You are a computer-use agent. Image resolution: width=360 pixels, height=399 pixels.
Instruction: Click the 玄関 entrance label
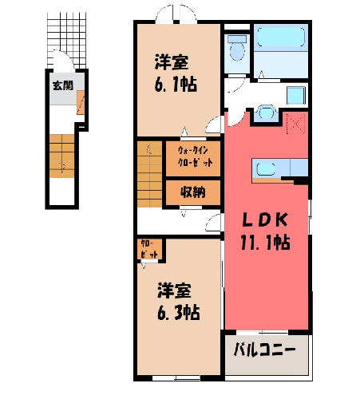point(63,85)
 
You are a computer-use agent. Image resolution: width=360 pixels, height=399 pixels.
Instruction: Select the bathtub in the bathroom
point(281,37)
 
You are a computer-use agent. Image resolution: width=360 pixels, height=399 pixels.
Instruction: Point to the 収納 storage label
point(193,192)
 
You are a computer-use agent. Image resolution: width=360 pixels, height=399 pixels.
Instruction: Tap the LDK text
point(265,220)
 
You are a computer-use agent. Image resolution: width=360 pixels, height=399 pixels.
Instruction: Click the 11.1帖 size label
point(265,243)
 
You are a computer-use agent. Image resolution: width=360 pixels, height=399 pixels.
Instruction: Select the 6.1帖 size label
point(176,85)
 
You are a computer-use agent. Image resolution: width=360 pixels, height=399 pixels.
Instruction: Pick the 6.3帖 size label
point(179,312)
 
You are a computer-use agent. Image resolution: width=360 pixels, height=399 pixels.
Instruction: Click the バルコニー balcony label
point(264,350)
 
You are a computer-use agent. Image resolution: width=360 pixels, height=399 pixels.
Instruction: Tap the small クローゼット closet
point(151,249)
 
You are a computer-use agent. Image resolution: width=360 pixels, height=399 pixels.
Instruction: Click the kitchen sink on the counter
point(266,169)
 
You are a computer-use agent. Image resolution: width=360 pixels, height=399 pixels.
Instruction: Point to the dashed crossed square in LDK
point(295,124)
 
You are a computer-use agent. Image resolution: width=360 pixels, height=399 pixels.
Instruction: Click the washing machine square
point(296,96)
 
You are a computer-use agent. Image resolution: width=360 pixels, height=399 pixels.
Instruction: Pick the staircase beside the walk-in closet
point(149,174)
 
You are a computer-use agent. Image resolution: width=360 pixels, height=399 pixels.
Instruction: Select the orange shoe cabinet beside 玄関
point(81,103)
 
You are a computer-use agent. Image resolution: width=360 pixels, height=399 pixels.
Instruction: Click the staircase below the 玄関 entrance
point(61,156)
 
